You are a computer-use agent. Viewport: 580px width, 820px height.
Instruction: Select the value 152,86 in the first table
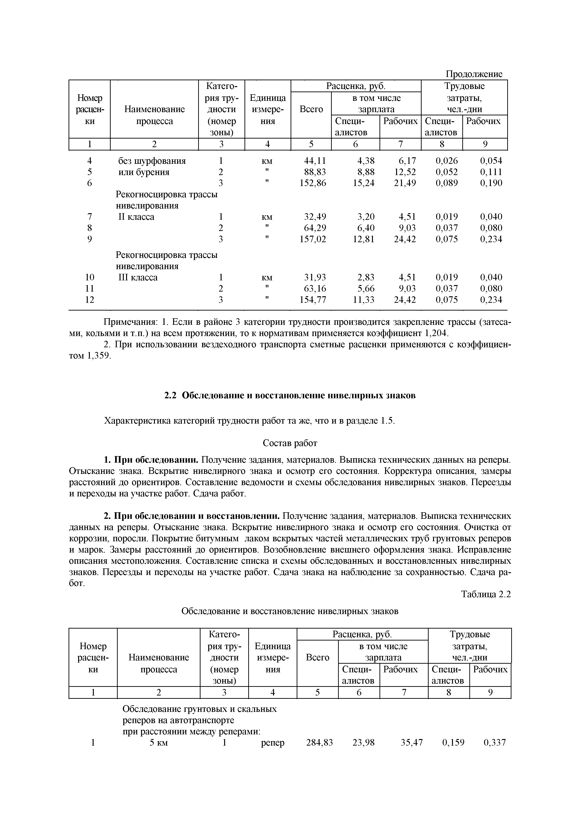click(x=313, y=183)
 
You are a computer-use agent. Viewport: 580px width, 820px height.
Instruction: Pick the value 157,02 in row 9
click(x=313, y=239)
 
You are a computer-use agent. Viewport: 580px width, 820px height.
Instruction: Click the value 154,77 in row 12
click(x=313, y=300)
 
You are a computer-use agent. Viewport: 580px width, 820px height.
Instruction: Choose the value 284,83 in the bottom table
click(x=319, y=743)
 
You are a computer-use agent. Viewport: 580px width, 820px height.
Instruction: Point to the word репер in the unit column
click(x=273, y=743)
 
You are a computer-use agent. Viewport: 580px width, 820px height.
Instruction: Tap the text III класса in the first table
click(x=138, y=278)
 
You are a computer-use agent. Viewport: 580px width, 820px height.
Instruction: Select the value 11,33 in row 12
click(x=364, y=300)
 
